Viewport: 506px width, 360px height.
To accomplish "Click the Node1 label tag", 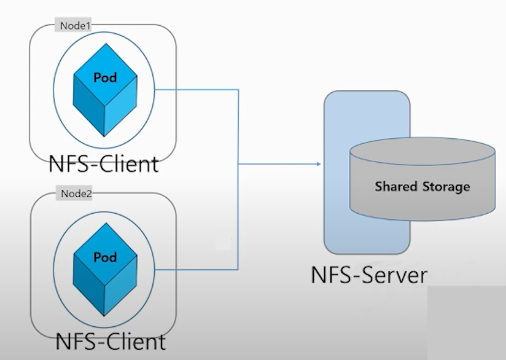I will click(74, 26).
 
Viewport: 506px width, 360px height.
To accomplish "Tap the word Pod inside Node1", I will click(105, 78).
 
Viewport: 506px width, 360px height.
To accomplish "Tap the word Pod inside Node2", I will click(105, 257).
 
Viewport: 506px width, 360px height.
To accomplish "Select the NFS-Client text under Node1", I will click(104, 164).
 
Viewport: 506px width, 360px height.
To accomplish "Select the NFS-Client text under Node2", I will click(111, 341).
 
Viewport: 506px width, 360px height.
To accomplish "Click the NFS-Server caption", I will click(368, 274).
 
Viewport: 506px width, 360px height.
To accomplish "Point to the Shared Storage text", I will click(422, 187).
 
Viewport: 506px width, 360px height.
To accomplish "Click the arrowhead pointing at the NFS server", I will click(317, 164).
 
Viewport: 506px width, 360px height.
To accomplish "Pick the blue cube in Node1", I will click(104, 89).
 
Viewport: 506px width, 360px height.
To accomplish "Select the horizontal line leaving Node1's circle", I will click(197, 90).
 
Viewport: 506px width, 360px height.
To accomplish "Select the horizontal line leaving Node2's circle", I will click(197, 268).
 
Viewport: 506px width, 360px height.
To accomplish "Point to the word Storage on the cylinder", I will click(446, 187).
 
